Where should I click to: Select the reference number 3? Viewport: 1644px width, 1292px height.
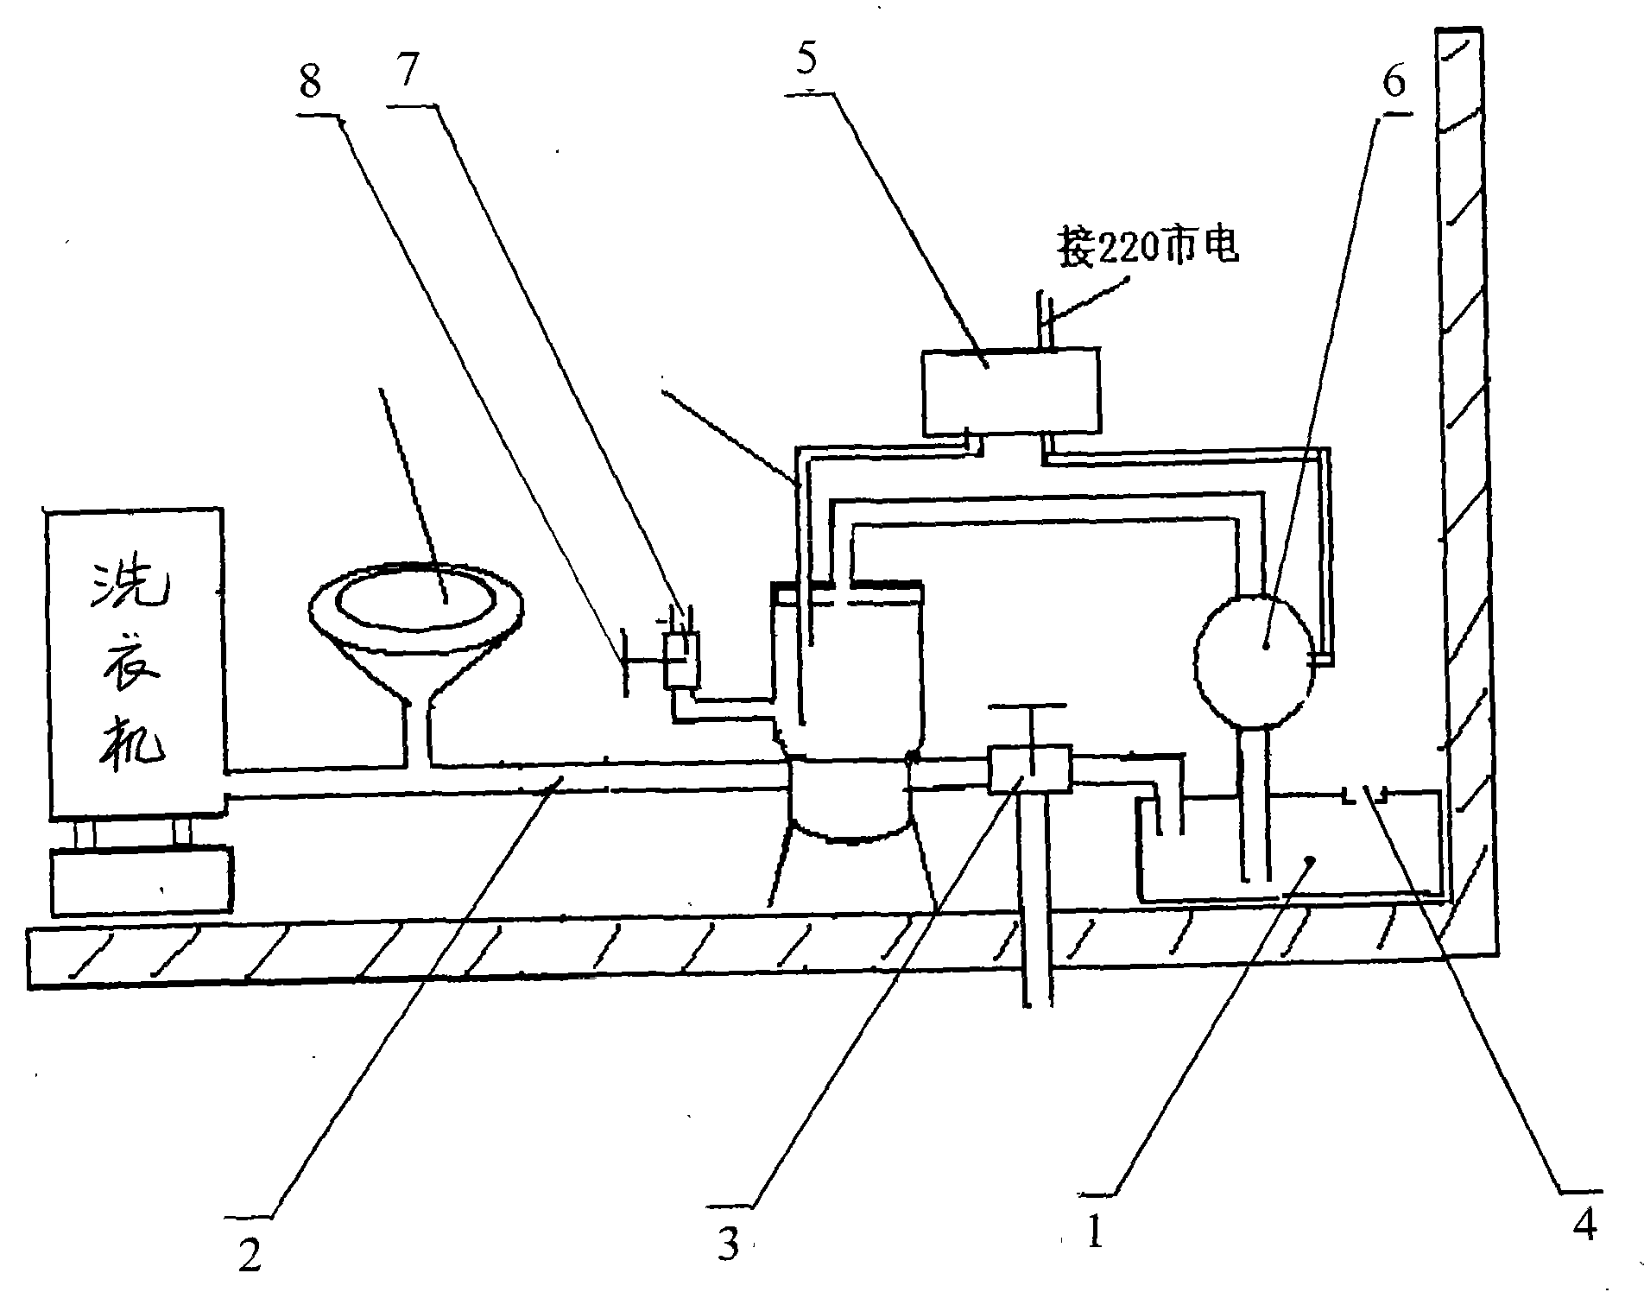(730, 1244)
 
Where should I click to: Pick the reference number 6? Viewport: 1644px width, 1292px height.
(1394, 82)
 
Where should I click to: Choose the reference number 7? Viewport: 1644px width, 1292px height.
(408, 72)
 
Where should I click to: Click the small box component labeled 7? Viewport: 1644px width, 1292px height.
(681, 661)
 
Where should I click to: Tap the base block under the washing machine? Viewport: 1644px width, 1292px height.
(142, 880)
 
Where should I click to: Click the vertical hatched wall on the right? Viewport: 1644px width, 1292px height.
(1466, 492)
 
